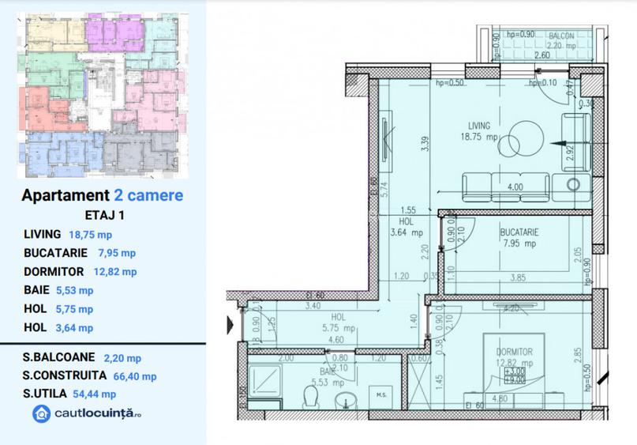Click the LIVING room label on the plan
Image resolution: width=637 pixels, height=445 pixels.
pyautogui.click(x=478, y=125)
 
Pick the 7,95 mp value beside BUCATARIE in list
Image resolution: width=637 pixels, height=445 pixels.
pyautogui.click(x=117, y=253)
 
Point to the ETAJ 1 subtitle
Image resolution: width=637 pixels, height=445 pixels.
pyautogui.click(x=104, y=214)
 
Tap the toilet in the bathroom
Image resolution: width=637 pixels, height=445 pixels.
pyautogui.click(x=312, y=394)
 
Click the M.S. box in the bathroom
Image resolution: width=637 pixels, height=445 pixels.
pyautogui.click(x=380, y=395)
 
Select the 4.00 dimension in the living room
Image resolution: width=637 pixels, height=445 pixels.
pyautogui.click(x=514, y=187)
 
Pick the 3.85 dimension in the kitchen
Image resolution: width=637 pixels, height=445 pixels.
pyautogui.click(x=518, y=277)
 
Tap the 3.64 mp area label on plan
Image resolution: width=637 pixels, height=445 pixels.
pyautogui.click(x=407, y=232)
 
